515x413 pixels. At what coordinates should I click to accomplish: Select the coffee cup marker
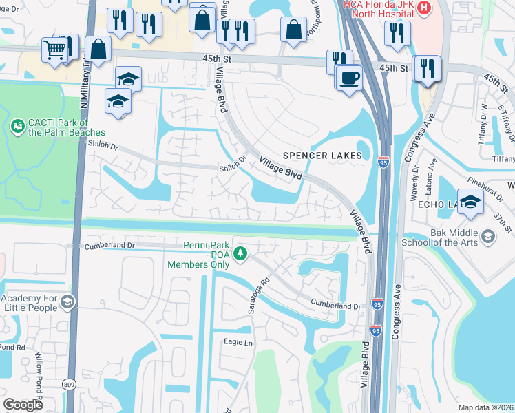[x=349, y=77]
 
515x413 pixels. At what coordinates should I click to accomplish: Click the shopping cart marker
[x=55, y=49]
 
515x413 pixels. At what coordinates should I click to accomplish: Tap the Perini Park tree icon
[x=240, y=255]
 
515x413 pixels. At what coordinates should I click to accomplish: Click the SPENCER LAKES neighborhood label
[x=321, y=156]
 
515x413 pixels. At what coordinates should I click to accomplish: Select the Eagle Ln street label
[x=238, y=342]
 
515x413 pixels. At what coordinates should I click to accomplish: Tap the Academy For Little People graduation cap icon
[x=67, y=301]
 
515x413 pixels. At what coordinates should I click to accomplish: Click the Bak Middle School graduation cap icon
[x=488, y=236]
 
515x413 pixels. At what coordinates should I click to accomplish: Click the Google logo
[x=23, y=405]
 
